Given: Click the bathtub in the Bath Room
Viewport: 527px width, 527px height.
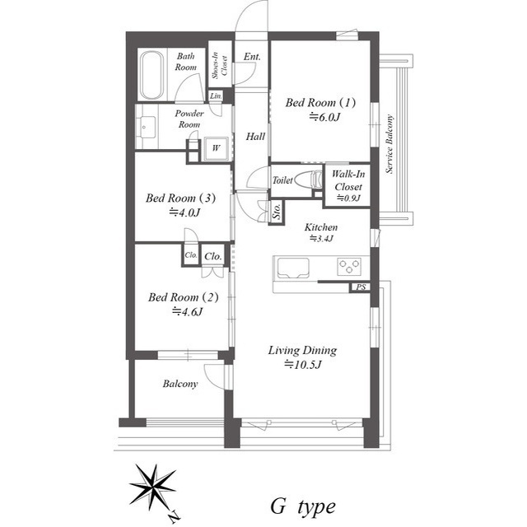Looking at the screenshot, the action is click(x=152, y=75).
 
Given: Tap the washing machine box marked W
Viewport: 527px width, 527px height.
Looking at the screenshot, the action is click(x=216, y=148).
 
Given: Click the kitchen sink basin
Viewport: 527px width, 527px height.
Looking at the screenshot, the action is click(x=292, y=268).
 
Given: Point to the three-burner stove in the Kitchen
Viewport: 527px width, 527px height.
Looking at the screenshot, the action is click(x=349, y=267).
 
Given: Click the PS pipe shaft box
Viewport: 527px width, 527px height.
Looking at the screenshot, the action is click(x=361, y=287).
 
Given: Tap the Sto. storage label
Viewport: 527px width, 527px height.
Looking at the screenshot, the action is click(x=277, y=212).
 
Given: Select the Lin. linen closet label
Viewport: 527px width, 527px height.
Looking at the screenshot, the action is click(x=216, y=96).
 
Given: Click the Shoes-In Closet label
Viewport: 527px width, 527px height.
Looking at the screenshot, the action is click(x=220, y=65).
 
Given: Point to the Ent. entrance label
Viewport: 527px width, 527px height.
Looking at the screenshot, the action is click(x=252, y=57).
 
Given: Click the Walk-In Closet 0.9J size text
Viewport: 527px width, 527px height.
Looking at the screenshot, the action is click(x=348, y=198).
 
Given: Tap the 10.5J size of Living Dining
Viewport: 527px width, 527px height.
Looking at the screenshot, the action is click(x=304, y=364).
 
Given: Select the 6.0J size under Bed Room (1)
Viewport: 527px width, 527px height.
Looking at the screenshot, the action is click(x=324, y=117).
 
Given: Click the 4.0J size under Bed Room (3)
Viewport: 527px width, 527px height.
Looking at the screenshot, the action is click(x=184, y=212).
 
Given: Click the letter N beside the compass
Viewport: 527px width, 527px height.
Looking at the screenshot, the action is click(x=174, y=516).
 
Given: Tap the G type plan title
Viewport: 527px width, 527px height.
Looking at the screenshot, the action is click(x=303, y=507).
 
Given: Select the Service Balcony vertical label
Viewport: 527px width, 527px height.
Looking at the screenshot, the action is click(x=389, y=144).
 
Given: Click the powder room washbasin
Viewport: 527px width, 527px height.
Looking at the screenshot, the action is click(x=146, y=127).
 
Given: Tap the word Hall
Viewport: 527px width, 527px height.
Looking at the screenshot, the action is click(x=255, y=137).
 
